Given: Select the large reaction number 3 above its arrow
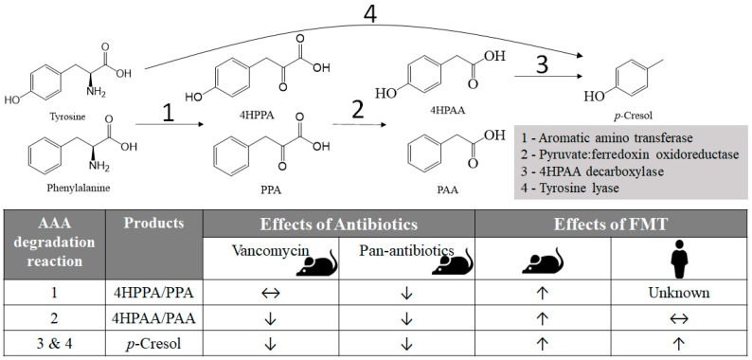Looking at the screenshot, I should coord(541,66).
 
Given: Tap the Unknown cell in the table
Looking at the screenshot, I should coord(675,292).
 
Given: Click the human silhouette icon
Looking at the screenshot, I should coord(675,259).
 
